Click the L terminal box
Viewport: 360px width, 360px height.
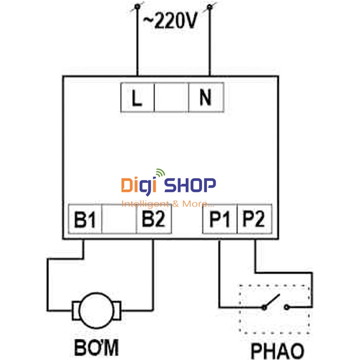pyautogui.click(x=137, y=98)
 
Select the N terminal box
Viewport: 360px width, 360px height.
pyautogui.click(x=205, y=98)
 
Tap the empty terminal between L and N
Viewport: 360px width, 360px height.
pyautogui.click(x=171, y=98)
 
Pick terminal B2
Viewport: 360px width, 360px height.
pyautogui.click(x=153, y=220)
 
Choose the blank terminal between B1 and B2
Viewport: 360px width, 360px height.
pyautogui.click(x=120, y=220)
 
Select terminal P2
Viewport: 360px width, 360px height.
pyautogui.click(x=253, y=220)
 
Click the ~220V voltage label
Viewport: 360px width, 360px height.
pyautogui.click(x=170, y=21)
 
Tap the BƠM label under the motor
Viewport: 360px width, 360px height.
pyautogui.click(x=96, y=347)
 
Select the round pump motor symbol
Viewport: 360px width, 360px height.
pyautogui.click(x=96, y=310)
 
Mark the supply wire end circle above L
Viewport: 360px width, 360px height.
pyautogui.click(x=138, y=6)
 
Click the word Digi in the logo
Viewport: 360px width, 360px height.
pyautogui.click(x=139, y=185)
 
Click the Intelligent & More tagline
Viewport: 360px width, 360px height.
pyautogui.click(x=168, y=204)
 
